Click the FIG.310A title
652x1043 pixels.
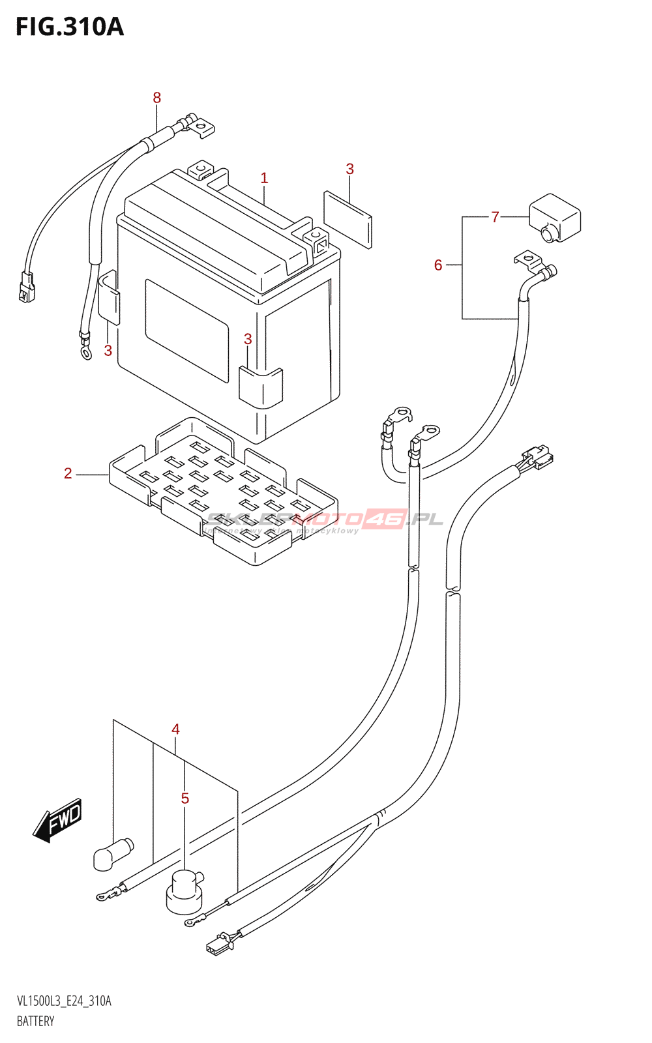point(69,27)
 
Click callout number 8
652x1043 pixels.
point(156,98)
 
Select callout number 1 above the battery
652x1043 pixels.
point(264,178)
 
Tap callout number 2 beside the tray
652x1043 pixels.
point(68,474)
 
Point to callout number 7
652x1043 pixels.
point(495,217)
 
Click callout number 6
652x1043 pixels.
point(438,265)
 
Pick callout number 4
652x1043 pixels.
point(175,729)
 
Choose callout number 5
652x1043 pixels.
point(185,799)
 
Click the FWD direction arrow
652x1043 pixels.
point(58,819)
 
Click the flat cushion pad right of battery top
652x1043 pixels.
point(348,219)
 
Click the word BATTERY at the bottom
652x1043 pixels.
point(36,1021)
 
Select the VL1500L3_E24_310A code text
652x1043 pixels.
point(64,1001)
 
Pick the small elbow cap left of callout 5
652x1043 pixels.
point(113,853)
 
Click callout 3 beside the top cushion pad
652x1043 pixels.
point(349,169)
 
